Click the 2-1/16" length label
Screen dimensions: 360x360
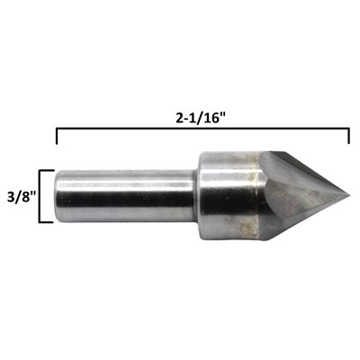(x=201, y=119)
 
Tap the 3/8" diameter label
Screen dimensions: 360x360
(x=22, y=197)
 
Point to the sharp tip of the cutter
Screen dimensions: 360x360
(x=349, y=196)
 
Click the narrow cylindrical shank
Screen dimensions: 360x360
(x=125, y=196)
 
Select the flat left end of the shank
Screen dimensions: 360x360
(x=57, y=196)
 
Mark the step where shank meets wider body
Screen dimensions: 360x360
(x=197, y=196)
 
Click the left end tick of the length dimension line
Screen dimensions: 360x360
(x=57, y=136)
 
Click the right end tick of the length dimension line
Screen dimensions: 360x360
(x=349, y=136)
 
